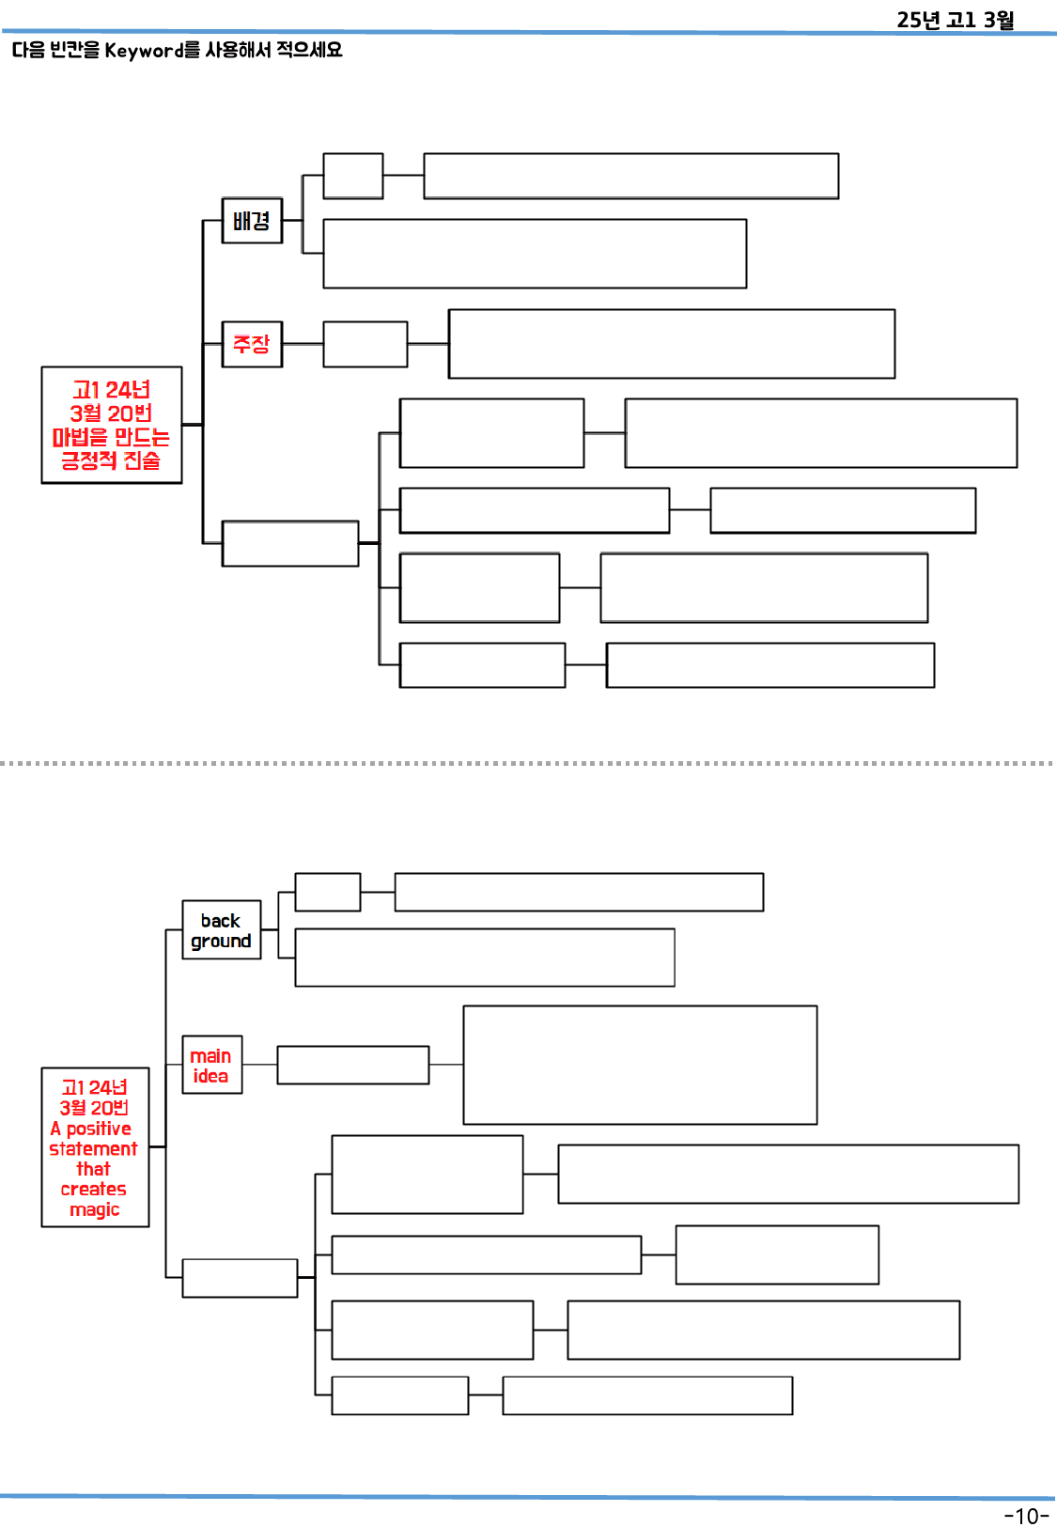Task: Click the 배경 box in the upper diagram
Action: tap(252, 221)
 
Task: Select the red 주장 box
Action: tap(252, 344)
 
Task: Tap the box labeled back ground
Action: tap(221, 930)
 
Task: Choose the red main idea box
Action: tap(211, 1065)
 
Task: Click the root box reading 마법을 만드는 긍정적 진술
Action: tap(111, 425)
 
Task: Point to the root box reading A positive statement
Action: tap(95, 1147)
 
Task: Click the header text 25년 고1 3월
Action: tap(955, 20)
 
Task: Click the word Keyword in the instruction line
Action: tap(145, 50)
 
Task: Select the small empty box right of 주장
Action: tap(365, 344)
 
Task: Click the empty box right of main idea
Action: tap(352, 1065)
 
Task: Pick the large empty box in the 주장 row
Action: tap(671, 344)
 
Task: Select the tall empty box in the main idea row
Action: tap(639, 1065)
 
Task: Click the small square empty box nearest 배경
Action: tap(352, 176)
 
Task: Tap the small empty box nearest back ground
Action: tap(327, 892)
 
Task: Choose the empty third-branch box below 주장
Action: tap(289, 543)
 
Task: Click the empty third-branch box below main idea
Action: tap(240, 1278)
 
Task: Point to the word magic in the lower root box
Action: tap(95, 1209)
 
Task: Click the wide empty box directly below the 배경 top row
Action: tap(534, 254)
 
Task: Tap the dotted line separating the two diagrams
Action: tap(526, 763)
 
